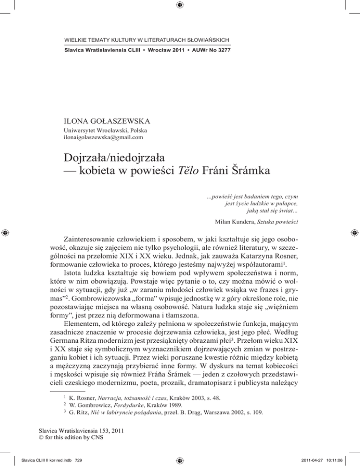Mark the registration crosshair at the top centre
click(180, 5)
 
